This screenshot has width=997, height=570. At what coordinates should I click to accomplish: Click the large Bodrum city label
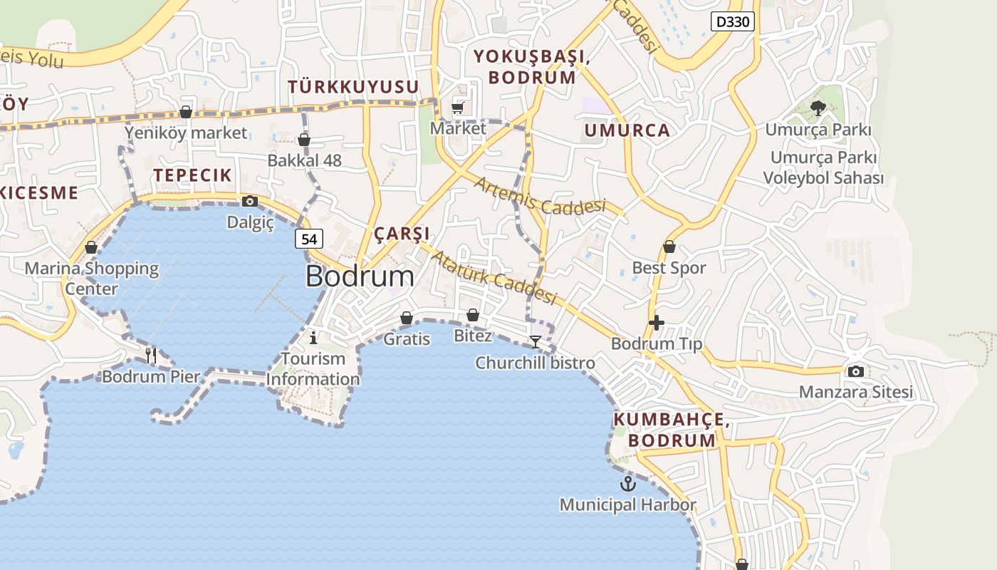coord(360,276)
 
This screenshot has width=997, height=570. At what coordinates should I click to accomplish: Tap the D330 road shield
coord(732,21)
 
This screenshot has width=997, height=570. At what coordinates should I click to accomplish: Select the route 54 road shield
coord(309,239)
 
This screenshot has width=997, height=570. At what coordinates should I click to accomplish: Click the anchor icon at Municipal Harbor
coord(627,484)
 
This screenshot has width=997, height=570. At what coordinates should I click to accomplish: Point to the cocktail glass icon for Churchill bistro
coord(535,342)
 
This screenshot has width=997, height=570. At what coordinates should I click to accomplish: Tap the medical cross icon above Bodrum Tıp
coord(657,323)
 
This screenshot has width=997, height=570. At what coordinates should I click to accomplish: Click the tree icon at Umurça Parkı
coord(818,108)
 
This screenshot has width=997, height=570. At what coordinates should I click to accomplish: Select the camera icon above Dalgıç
coord(249,202)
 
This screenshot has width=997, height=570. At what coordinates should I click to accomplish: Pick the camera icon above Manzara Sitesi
coord(855,371)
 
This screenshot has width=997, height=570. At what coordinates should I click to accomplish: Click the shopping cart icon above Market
coord(458,108)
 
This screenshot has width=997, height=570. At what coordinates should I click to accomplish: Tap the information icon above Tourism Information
coord(313,337)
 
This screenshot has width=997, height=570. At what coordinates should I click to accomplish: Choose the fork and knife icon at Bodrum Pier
coord(150,354)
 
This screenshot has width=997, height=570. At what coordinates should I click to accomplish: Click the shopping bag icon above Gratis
coord(407,318)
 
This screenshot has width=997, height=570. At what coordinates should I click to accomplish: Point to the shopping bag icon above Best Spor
coord(669,247)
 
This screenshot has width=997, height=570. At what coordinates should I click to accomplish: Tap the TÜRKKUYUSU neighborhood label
coord(353,87)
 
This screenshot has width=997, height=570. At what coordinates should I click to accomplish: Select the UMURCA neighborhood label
coord(627,130)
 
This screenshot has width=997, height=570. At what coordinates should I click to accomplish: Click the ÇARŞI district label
coord(402,234)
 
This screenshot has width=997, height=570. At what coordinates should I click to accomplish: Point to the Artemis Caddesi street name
coord(539,196)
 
